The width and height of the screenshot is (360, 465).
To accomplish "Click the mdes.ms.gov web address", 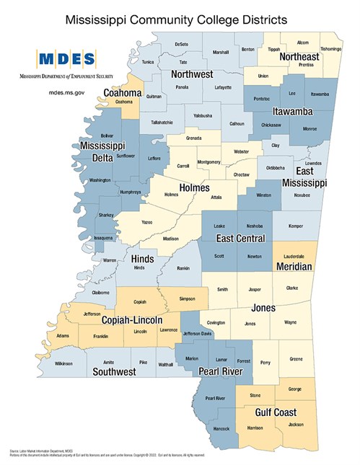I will [67, 93].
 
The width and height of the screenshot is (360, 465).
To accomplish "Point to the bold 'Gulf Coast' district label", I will [276, 412].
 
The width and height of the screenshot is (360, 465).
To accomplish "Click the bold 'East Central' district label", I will [241, 239].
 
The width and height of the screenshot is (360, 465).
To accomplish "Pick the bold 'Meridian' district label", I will [294, 267].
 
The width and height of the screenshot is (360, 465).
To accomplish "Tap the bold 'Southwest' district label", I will [115, 372].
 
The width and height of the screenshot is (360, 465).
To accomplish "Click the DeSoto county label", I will [181, 45].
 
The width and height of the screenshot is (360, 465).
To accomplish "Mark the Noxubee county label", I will [297, 195].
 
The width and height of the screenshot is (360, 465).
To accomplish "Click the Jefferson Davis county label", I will [201, 334].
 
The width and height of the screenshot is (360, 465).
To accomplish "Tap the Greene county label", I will [296, 358].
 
